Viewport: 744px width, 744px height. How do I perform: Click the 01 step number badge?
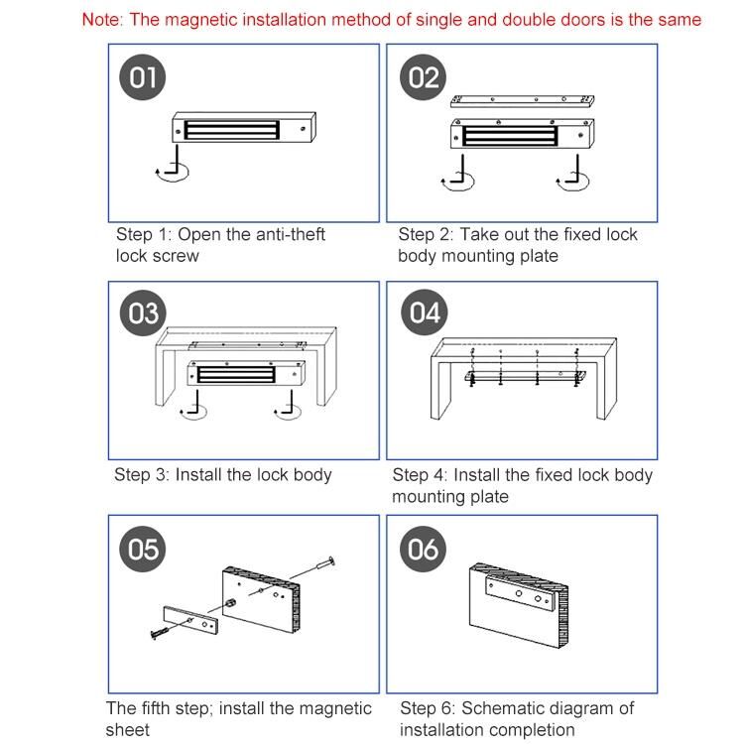coord(142,76)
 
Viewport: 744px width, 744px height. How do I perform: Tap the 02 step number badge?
coord(424,76)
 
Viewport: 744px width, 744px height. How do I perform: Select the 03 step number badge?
coord(143,313)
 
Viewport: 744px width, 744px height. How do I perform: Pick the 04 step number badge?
coord(425,312)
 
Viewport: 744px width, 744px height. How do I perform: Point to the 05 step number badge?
coord(143,549)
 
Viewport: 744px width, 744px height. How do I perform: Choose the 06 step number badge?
coord(424,549)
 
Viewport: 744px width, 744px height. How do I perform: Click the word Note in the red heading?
coord(101,20)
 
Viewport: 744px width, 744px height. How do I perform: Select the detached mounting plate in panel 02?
coord(523,100)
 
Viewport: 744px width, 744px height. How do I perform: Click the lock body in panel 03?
coord(246,372)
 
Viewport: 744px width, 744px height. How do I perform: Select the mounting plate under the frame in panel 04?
coord(525,376)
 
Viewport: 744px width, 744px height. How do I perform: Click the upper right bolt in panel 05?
coord(313,568)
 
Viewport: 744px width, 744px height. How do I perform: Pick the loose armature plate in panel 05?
coord(190,620)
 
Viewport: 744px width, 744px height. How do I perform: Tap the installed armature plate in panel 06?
coord(520,593)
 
